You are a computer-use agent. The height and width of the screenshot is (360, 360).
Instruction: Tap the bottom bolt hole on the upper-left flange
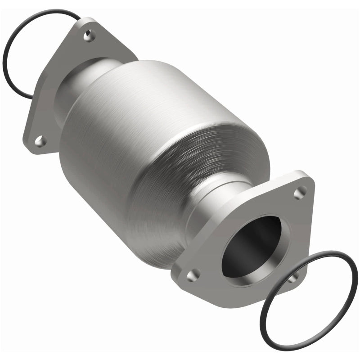(x=40, y=141)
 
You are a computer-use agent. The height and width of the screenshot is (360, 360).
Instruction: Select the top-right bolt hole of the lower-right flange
(x=299, y=193)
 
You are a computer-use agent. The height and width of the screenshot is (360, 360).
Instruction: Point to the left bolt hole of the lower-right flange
(x=194, y=274)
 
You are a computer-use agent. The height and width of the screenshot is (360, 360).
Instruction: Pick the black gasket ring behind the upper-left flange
(x=9, y=45)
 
